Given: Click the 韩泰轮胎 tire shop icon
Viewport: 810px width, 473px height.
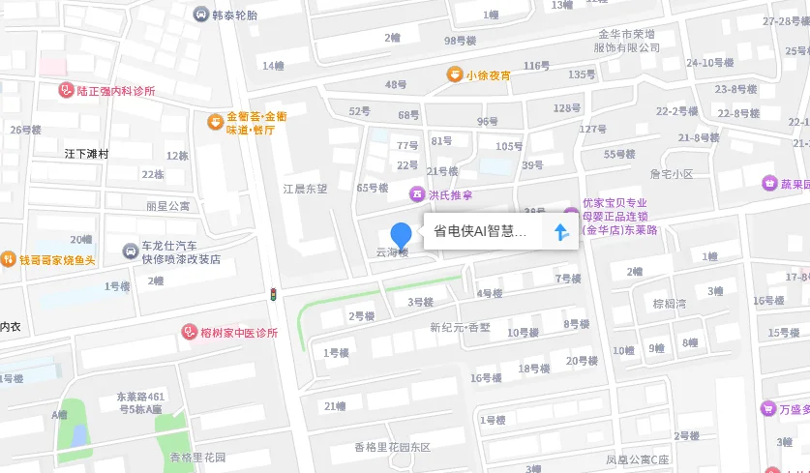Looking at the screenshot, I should coord(200,15).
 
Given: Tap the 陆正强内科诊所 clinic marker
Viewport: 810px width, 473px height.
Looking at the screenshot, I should coord(66,91).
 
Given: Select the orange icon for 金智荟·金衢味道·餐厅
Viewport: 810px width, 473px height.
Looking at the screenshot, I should coord(215,122).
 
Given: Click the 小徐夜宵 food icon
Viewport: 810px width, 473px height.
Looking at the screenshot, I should coord(454,74).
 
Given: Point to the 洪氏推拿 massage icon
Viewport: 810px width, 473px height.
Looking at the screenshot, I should coord(417,194).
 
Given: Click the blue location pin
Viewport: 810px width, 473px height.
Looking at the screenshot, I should coord(401,234).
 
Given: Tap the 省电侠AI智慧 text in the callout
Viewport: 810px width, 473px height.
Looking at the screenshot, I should coord(480,232).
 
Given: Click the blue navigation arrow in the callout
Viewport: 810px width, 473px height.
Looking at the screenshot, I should coord(559,232).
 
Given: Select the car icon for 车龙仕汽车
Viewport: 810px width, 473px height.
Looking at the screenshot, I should coord(131,251).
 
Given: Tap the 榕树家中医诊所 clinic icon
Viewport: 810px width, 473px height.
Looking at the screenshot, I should coord(190,333).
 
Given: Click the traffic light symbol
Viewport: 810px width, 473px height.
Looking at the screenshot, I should coord(274,294).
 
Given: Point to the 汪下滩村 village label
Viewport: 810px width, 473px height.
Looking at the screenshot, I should coord(86,154).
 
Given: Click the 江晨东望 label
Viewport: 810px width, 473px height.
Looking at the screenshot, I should coord(305,189).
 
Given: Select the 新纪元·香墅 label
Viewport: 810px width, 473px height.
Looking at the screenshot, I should coord(461,327).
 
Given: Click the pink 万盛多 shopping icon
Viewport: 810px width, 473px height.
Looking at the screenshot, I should coord(768,409).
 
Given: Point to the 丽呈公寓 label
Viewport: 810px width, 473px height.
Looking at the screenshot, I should coord(168,206).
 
